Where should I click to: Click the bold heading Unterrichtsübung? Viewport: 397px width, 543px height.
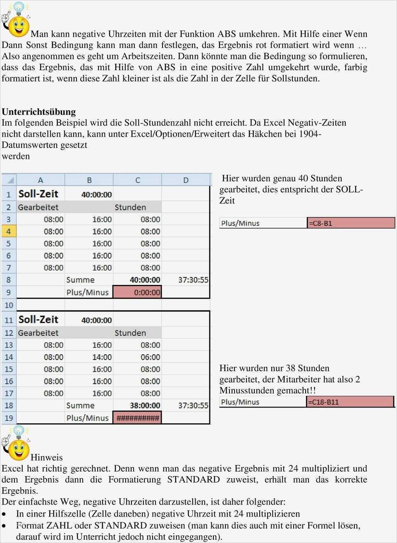39,111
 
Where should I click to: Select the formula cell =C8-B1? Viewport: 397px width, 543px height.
351,223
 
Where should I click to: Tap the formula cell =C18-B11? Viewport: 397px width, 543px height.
350,402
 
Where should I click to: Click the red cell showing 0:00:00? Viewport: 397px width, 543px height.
137,292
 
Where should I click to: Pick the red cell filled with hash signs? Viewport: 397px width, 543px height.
137,418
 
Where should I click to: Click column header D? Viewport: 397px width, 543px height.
186,180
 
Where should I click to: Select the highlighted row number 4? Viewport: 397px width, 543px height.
9,231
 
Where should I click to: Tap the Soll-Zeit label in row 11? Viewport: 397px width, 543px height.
38,320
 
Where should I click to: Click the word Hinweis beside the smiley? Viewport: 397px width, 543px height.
47,457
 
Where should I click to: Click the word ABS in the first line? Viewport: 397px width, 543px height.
227,34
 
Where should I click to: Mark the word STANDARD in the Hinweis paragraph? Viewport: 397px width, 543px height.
193,479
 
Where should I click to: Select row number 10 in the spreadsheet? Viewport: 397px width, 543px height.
9,305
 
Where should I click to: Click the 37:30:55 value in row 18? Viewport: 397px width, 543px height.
193,405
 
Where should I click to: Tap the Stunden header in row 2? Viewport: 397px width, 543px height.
130,207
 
